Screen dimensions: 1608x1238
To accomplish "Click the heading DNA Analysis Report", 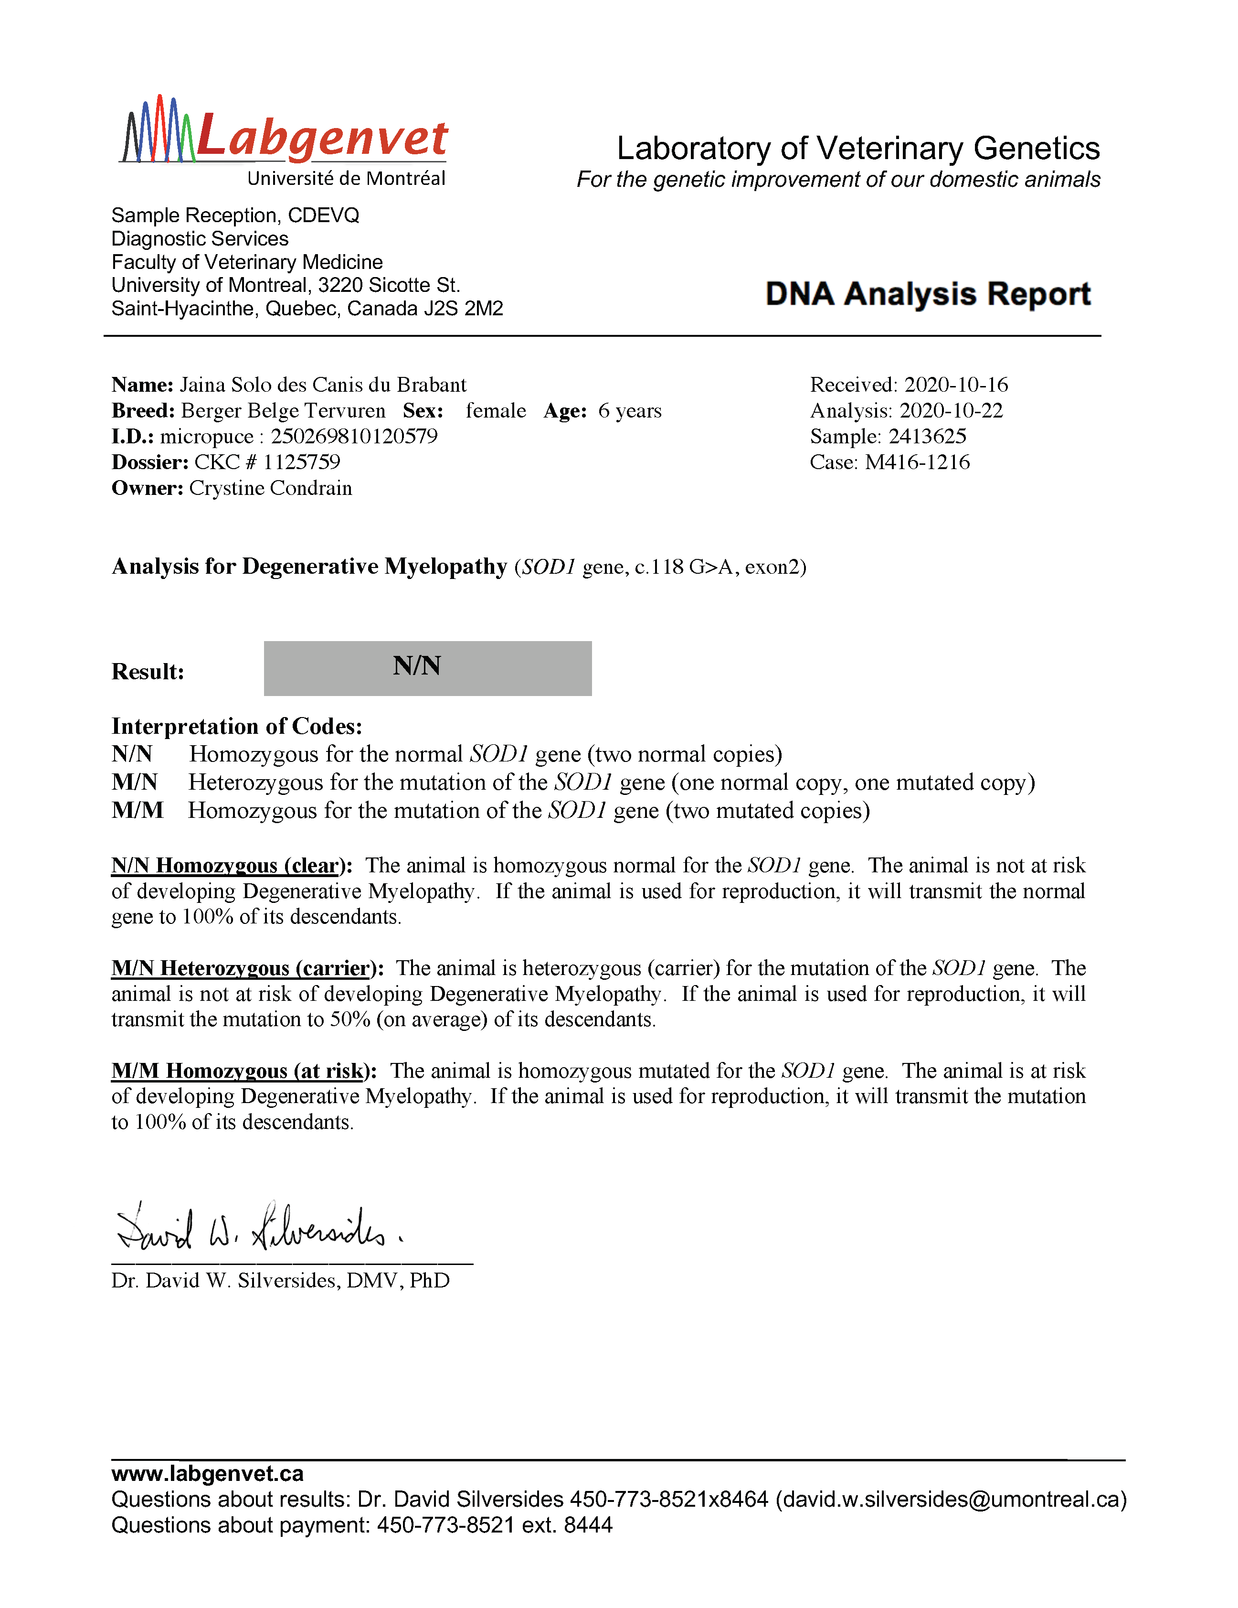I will tap(927, 294).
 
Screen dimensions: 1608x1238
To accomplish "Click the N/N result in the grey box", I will tap(417, 666).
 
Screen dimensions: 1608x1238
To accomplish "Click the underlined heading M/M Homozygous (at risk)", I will tap(240, 1071).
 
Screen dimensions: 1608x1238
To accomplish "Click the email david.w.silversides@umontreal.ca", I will tap(951, 1499).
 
